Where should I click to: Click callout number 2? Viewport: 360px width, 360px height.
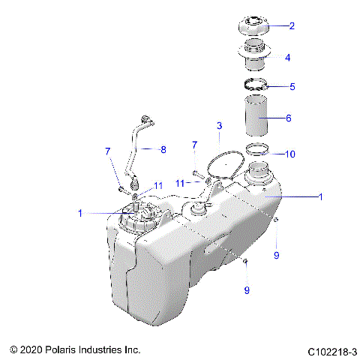tap(292, 25)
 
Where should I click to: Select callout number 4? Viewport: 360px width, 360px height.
tap(287, 57)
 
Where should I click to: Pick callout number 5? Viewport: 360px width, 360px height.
tap(292, 86)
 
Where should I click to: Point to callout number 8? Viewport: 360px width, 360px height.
tap(163, 149)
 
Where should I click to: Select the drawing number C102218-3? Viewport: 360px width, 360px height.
tap(332, 350)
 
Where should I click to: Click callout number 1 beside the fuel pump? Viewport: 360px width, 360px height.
tap(79, 213)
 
